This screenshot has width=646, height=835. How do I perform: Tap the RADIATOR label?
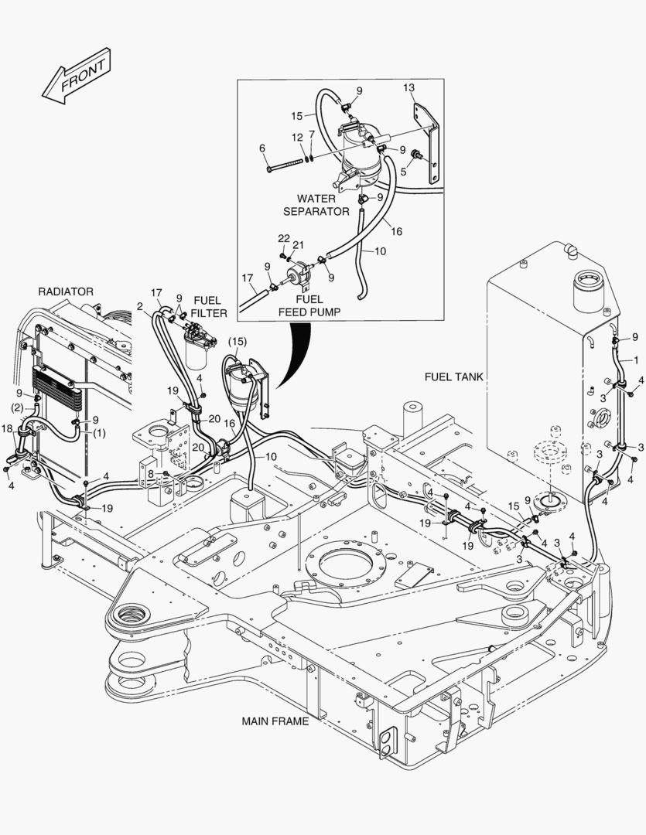click(66, 291)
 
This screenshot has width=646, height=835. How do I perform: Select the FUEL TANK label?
click(453, 377)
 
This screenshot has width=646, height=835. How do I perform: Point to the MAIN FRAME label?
click(275, 721)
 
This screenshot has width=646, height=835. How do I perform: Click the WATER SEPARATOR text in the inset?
click(316, 205)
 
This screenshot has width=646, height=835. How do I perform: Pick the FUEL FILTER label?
click(210, 306)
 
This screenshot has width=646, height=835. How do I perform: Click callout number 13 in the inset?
click(409, 87)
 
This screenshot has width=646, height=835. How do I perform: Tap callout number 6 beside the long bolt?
click(262, 148)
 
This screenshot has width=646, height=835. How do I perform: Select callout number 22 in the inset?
click(284, 237)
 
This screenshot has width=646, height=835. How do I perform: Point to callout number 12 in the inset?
click(297, 137)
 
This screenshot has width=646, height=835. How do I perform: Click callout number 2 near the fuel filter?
click(139, 306)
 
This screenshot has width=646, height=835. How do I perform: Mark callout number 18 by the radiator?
click(7, 428)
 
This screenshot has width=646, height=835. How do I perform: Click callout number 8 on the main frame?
click(151, 474)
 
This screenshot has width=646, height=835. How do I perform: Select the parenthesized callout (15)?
click(237, 341)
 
